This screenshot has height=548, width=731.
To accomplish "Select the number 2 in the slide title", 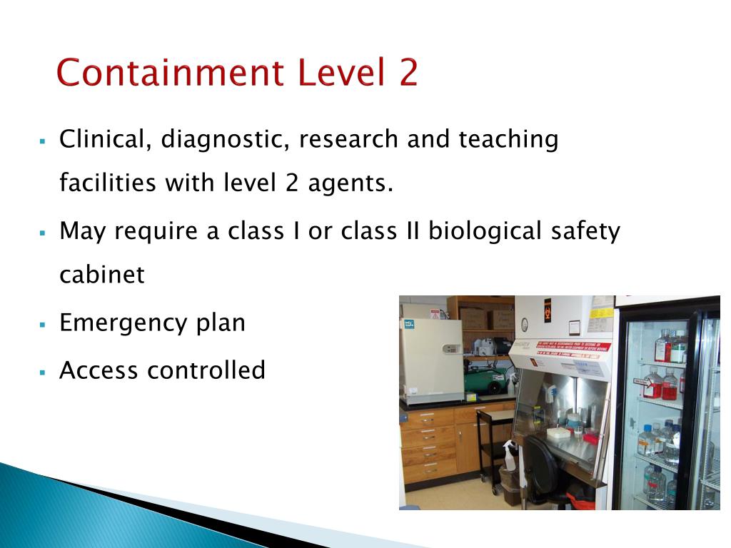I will pos(408,73).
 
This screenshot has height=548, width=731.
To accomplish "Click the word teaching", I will pos(508,139).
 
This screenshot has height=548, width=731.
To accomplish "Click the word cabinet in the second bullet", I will pos(101,275).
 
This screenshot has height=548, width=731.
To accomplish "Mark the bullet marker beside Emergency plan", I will pos(43,324).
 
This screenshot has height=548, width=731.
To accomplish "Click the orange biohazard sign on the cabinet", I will pos(548,310).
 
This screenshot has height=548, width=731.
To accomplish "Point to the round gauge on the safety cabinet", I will pos(524,325).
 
